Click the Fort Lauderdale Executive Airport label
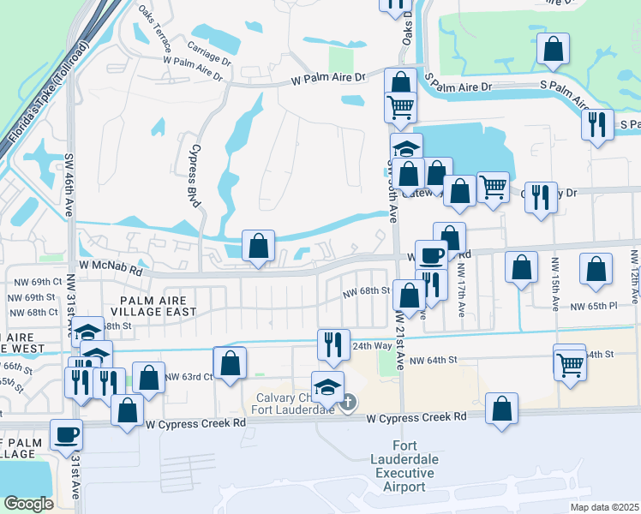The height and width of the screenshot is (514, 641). [408, 467]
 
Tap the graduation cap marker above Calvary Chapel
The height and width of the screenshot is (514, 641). [327, 386]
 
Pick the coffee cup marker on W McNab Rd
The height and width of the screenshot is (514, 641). [431, 254]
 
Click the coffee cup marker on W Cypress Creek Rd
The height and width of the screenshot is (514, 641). [66, 434]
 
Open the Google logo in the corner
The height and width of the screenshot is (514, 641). [29, 504]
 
